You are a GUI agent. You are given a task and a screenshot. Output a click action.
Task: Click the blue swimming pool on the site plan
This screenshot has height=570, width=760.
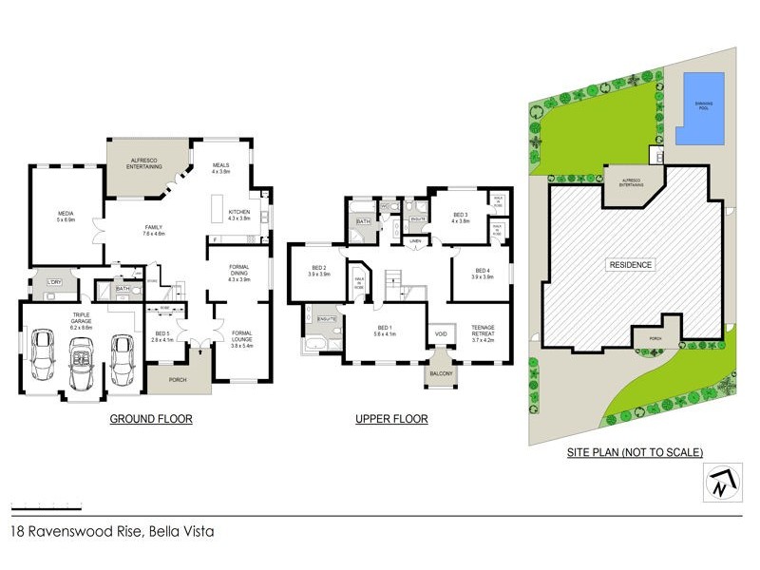[699, 107]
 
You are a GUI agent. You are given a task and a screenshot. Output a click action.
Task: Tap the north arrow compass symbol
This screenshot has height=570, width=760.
[719, 484]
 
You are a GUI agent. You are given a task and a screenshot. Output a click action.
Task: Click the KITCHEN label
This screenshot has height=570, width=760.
[238, 215]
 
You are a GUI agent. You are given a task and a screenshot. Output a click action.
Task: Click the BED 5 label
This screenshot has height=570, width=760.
[162, 335]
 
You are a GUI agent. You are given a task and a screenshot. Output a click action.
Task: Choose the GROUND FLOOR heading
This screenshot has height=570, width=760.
[151, 419]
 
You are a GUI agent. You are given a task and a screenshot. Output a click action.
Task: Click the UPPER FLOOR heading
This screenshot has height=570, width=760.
[391, 419]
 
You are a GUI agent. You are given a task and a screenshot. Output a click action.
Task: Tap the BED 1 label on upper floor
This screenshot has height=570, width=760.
[385, 330]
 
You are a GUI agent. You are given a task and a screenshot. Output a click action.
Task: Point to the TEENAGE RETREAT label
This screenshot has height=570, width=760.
[484, 332]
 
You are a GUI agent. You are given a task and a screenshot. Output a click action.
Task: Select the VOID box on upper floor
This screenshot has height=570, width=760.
[440, 334]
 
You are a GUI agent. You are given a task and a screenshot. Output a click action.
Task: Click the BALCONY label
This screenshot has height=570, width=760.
[440, 373]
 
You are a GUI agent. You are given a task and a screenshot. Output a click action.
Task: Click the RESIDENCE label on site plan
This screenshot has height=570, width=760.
[630, 265]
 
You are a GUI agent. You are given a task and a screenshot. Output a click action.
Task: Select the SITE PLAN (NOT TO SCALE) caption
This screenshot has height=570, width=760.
[636, 452]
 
